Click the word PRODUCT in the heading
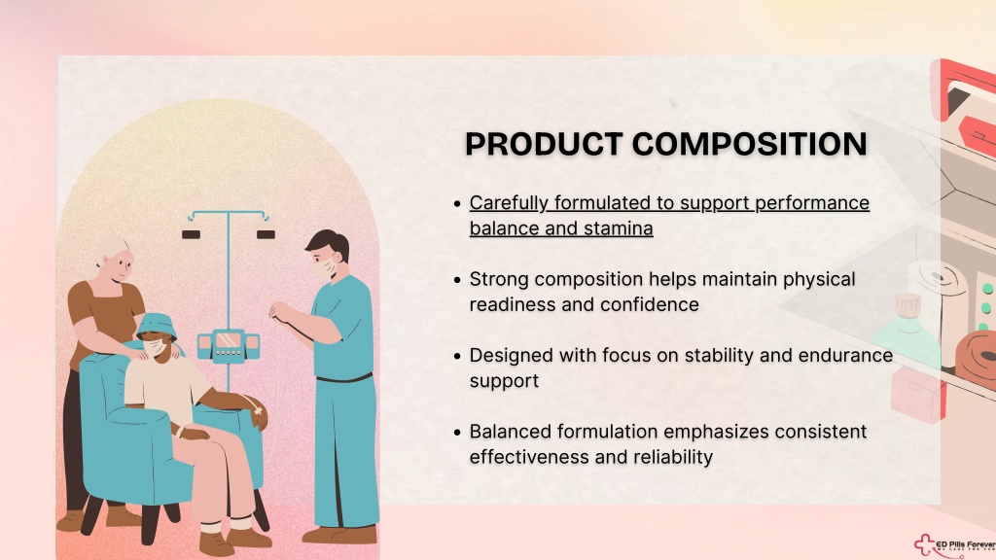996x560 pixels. [x=544, y=144]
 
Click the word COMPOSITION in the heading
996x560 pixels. [x=750, y=144]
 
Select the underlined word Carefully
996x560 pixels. [x=509, y=204]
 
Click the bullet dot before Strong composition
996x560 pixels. [x=457, y=280]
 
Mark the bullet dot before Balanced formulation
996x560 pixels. [x=457, y=433]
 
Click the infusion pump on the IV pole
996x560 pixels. [x=228, y=345]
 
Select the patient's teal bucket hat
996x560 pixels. [x=156, y=327]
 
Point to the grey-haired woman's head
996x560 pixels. [x=115, y=257]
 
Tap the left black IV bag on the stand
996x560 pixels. [x=192, y=234]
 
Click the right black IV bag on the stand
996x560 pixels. [x=266, y=234]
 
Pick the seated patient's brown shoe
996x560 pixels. [x=217, y=543]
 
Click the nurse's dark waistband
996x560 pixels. [x=344, y=378]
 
